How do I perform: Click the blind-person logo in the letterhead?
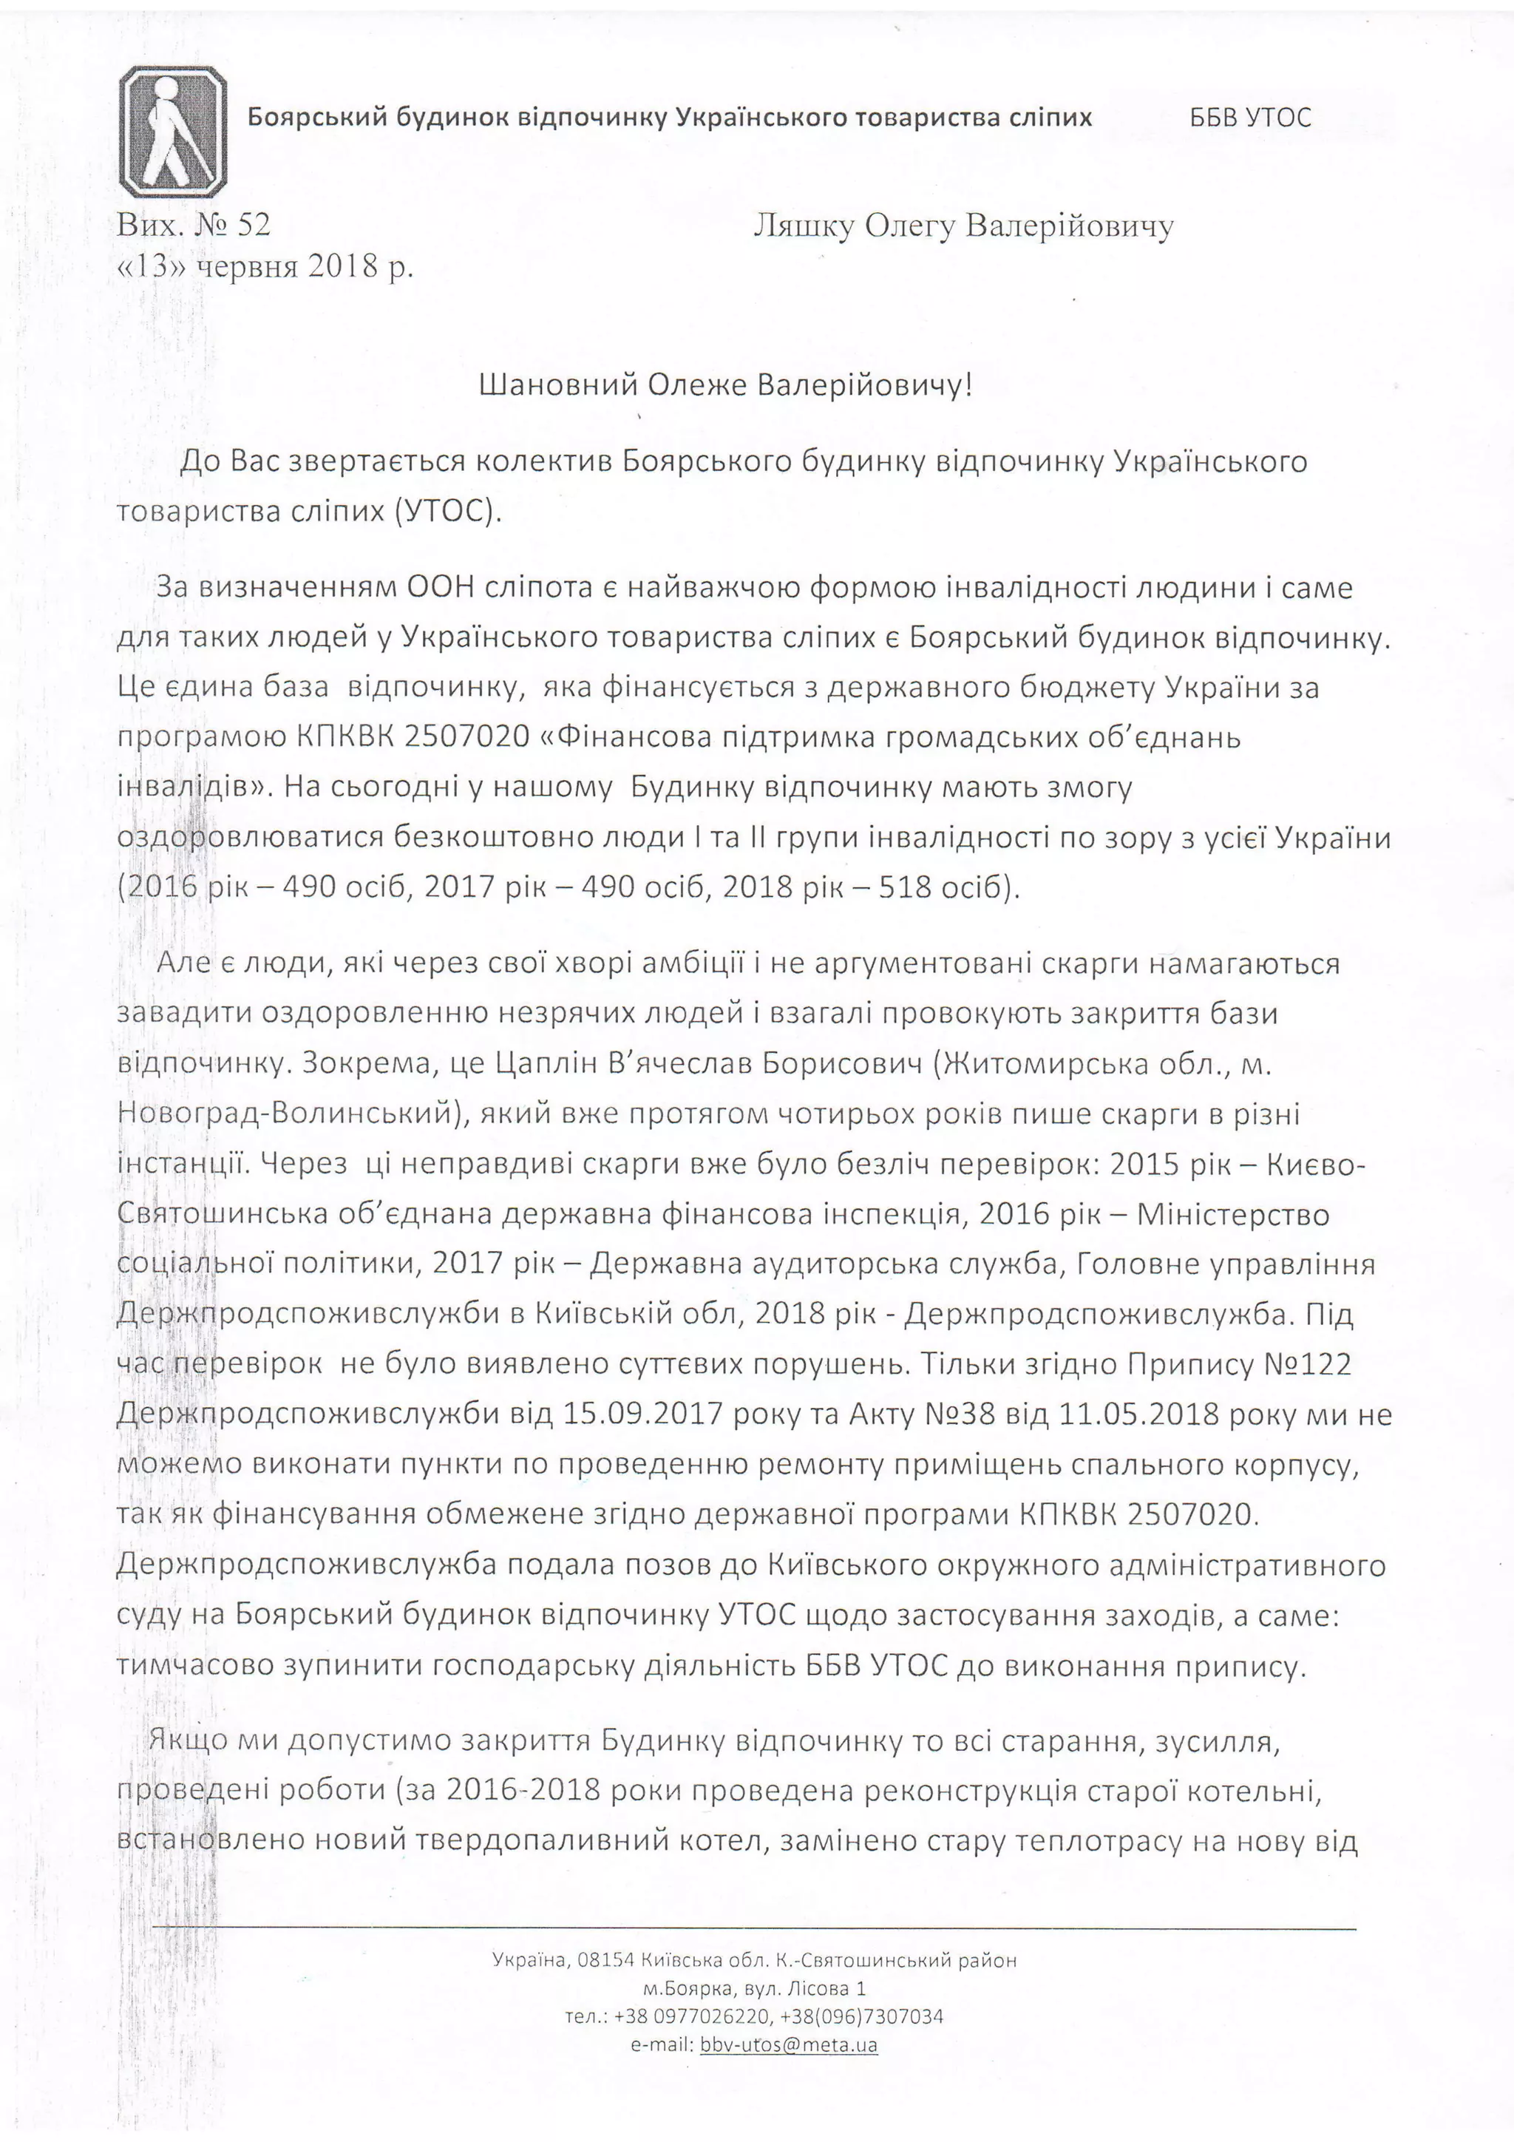pyautogui.click(x=174, y=132)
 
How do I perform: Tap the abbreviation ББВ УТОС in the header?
pyautogui.click(x=1250, y=118)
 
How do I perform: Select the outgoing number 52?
pyautogui.click(x=254, y=225)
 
